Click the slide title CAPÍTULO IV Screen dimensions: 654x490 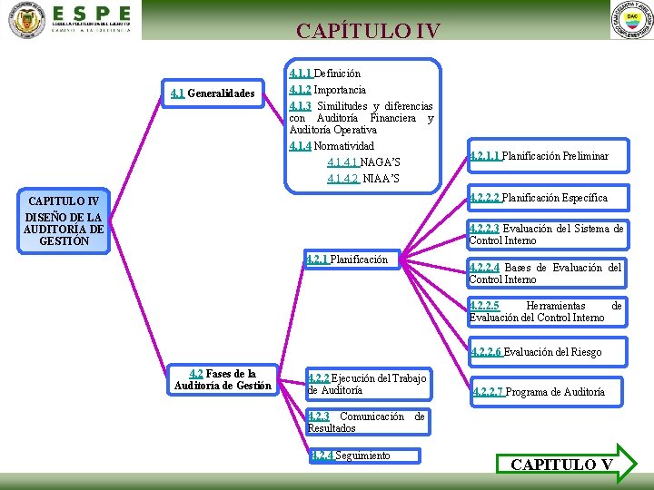click(368, 31)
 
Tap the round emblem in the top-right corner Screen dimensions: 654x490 click(632, 19)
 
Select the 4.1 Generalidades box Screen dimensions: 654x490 click(213, 93)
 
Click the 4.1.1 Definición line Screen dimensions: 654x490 click(324, 73)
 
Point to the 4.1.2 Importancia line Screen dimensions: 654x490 click(327, 90)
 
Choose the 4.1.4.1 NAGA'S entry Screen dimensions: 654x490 click(363, 162)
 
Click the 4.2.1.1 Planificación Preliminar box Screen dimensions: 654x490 click(540, 157)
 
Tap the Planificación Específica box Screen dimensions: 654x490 click(539, 198)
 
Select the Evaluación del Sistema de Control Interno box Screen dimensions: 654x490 click(546, 234)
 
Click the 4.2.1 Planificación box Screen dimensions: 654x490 click(349, 260)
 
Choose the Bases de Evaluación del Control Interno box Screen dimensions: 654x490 click(545, 273)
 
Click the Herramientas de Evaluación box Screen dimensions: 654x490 click(545, 312)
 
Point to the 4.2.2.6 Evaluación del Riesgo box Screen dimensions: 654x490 click(536, 352)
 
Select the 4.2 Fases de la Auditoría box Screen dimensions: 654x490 click(223, 379)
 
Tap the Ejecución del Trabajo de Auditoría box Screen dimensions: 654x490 click(367, 384)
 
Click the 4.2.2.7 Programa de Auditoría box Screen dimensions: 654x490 click(538, 392)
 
